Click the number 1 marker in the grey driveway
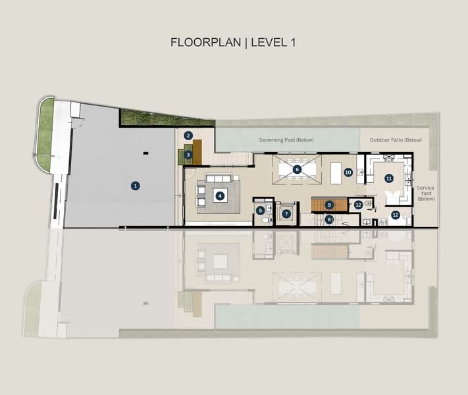[x=135, y=186]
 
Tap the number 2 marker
[x=188, y=136]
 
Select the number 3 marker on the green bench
[x=188, y=155]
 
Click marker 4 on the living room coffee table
[x=221, y=196]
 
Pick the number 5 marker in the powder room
[x=261, y=211]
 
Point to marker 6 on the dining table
[x=297, y=169]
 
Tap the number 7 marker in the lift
[x=286, y=214]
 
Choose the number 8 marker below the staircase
[x=330, y=219]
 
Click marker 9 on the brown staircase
[x=330, y=205]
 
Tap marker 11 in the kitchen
[x=389, y=178]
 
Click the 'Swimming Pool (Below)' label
[x=288, y=140]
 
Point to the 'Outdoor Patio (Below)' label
[x=395, y=140]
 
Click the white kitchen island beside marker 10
[x=336, y=172]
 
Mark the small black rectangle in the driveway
[x=145, y=153]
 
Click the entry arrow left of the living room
[x=176, y=196]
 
